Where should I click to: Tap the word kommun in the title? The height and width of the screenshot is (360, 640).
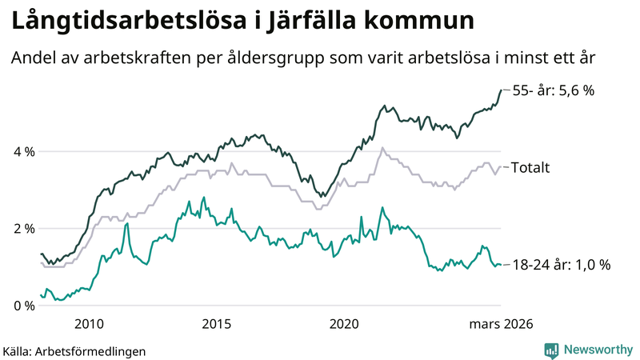coord(418,22)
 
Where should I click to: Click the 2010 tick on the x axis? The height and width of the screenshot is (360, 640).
coord(89,323)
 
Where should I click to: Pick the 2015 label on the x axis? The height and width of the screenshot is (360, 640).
coord(216,323)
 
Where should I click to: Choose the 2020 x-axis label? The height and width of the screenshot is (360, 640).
coord(344,323)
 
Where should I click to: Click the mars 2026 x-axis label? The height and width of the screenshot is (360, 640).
coord(502,323)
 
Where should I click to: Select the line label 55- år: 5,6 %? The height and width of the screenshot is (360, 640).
coord(553,90)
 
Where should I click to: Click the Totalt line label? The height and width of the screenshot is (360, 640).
coord(529,167)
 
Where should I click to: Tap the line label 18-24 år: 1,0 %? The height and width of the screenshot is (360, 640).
coord(560,265)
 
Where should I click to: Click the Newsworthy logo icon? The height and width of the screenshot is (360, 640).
coord(551,350)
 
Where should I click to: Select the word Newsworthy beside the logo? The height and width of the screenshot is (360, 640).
coord(599,350)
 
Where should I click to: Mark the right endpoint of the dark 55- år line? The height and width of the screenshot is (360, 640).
coord(501,90)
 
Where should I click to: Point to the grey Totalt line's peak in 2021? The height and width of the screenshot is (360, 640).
coord(383,148)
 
